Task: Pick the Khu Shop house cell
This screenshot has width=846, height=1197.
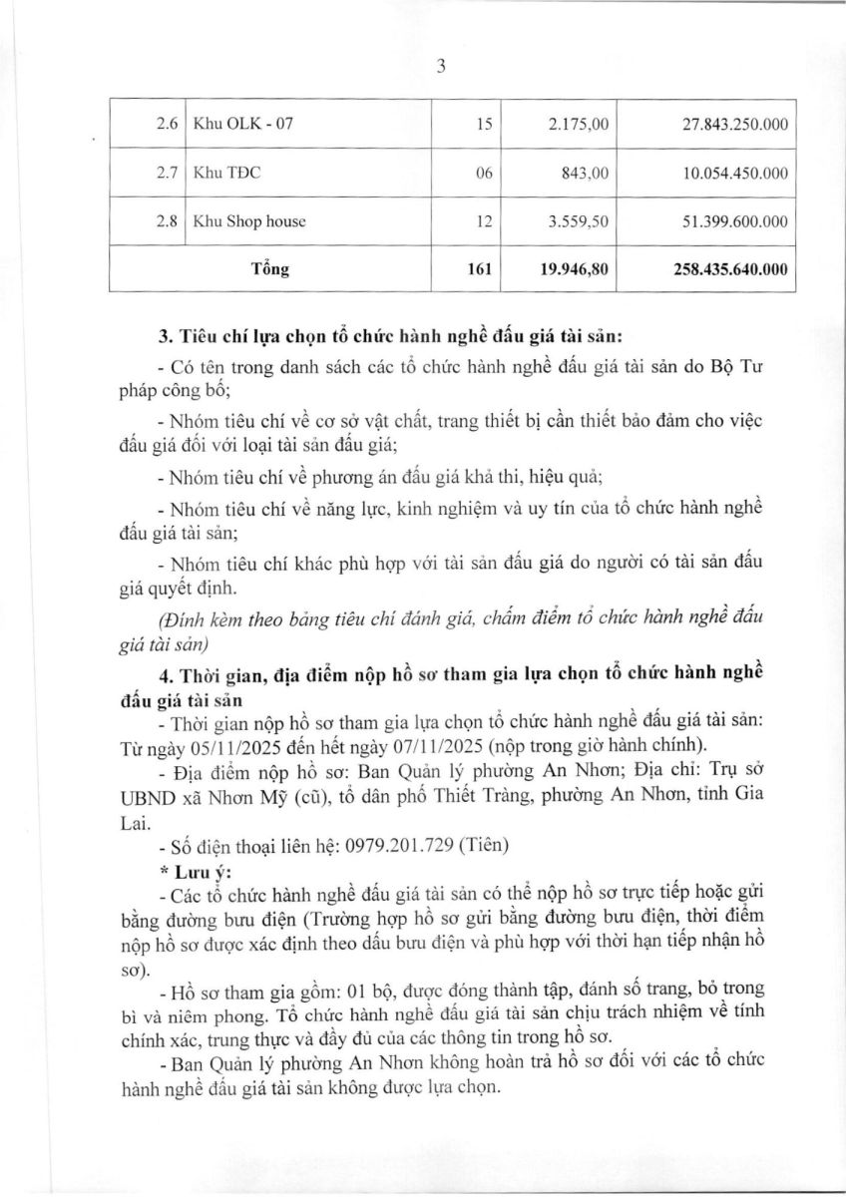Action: coord(249,221)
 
